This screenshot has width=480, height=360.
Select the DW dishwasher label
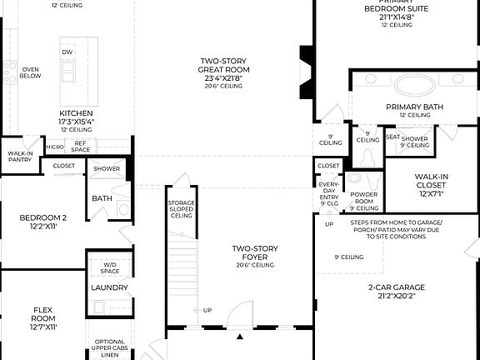tap(67, 52)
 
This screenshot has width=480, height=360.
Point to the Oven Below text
tap(31, 72)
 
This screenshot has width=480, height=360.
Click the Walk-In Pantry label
tap(20, 157)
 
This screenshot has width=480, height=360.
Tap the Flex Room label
tap(42, 318)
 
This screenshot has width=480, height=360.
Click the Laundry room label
tap(110, 287)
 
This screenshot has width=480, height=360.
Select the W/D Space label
tap(110, 268)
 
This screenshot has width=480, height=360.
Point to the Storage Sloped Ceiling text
tap(181, 208)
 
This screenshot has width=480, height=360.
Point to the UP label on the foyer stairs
tap(207, 311)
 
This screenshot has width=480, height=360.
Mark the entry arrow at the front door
tap(240, 337)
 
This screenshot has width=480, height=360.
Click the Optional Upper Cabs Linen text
tap(110, 347)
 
